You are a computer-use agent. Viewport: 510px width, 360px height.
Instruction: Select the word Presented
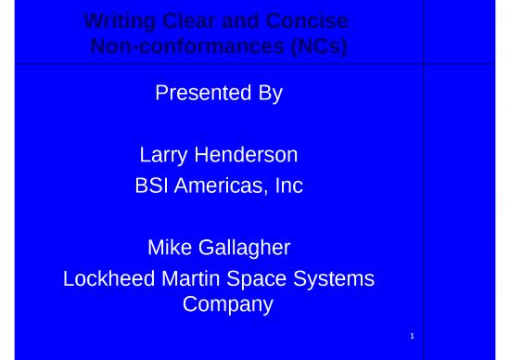click(195, 93)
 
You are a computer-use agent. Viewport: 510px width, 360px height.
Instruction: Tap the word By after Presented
click(270, 93)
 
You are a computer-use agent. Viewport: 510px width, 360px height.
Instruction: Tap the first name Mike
click(169, 247)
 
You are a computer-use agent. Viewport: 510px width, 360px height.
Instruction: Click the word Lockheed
click(105, 278)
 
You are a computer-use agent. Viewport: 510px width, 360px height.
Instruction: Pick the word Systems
click(337, 278)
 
